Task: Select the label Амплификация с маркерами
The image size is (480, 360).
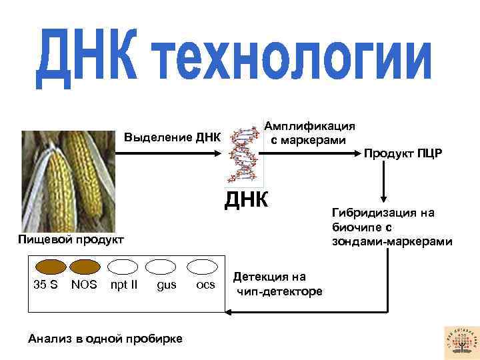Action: point(309,133)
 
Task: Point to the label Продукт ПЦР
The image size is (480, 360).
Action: point(402,155)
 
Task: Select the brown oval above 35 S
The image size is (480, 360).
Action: point(50,267)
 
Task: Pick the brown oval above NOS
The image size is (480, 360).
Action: point(84,267)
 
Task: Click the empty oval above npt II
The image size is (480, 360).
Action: point(123,267)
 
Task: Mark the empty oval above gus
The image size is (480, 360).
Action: point(161,267)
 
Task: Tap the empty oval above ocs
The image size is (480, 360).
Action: point(203,267)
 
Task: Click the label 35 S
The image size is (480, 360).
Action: point(45,285)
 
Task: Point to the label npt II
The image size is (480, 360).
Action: point(124,285)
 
